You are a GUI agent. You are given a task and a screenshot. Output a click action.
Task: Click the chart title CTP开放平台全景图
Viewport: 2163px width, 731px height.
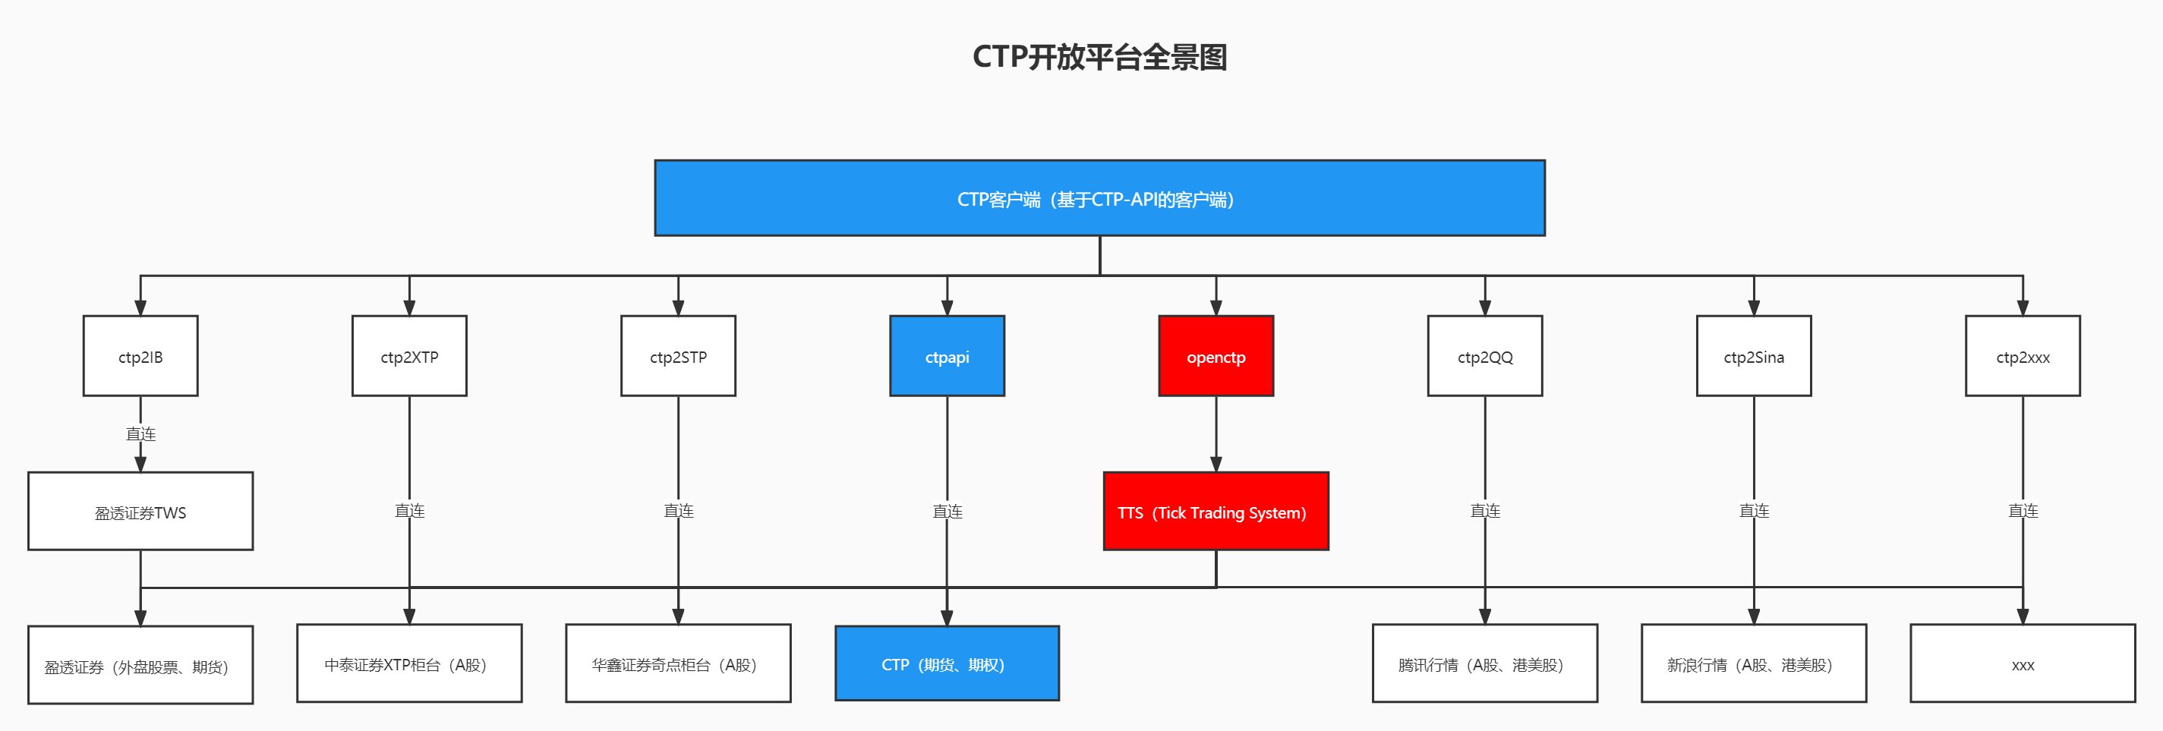click(1099, 57)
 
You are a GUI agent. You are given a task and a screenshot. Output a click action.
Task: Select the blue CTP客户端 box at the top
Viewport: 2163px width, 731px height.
click(1099, 198)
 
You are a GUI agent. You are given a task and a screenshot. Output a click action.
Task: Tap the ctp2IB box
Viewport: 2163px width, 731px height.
click(140, 356)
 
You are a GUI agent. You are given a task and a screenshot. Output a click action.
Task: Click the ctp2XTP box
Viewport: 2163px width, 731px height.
click(409, 356)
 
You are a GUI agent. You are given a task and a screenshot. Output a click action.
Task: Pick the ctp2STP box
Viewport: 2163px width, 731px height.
click(678, 356)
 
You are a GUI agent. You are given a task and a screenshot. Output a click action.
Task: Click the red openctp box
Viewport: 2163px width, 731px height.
click(1215, 356)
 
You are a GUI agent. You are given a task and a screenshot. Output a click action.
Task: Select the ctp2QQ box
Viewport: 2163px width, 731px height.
click(1484, 356)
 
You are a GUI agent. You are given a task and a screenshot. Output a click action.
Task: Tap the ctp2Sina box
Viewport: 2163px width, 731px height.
click(1753, 356)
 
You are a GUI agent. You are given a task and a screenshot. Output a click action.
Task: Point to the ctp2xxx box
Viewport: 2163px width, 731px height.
click(2022, 356)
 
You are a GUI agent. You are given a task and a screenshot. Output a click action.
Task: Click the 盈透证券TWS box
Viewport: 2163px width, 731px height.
click(140, 511)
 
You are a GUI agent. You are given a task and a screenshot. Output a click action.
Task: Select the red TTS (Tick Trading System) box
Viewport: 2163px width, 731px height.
click(1215, 511)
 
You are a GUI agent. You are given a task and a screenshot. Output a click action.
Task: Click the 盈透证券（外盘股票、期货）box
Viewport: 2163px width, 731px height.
click(140, 665)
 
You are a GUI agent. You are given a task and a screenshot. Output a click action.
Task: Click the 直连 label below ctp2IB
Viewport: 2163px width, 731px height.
click(140, 434)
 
